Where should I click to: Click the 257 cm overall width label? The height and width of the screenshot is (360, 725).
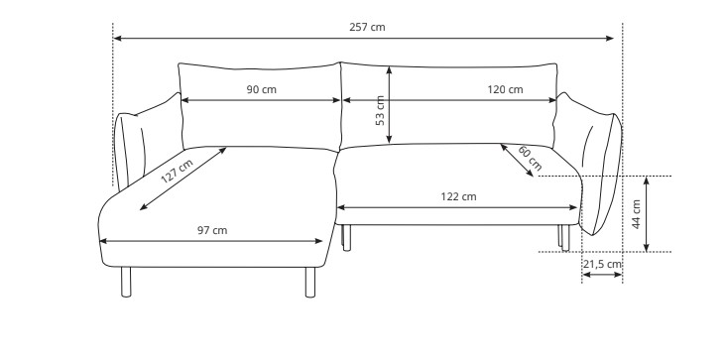tap(367, 27)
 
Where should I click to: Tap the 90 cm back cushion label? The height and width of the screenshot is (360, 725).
tap(261, 89)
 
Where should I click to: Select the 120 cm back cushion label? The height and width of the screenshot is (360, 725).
tap(505, 89)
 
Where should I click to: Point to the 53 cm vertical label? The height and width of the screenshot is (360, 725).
tap(380, 110)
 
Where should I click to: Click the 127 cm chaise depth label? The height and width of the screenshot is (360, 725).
tap(177, 171)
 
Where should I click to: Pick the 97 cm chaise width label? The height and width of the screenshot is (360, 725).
tap(212, 230)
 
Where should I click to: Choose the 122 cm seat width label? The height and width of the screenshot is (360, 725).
tap(458, 196)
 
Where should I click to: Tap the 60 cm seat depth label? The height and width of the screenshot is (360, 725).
tap(530, 158)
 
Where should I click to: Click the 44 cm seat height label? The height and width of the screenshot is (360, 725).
tap(636, 214)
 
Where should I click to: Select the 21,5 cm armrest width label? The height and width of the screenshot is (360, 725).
tap(602, 265)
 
